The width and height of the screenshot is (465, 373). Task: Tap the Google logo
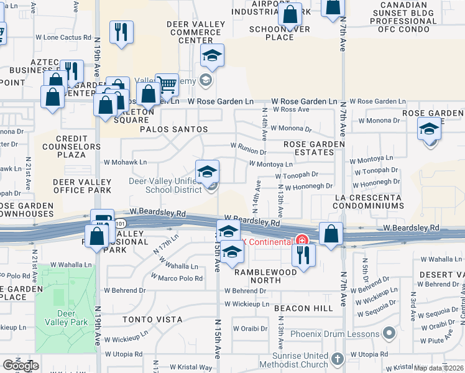click(21, 366)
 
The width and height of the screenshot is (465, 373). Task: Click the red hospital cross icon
click(302, 241)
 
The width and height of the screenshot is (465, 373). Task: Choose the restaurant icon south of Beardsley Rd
click(303, 255)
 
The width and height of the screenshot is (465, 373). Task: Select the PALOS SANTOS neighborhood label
click(173, 129)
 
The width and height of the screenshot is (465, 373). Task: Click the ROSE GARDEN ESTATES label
click(314, 148)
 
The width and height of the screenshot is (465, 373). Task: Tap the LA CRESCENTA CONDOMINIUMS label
click(369, 201)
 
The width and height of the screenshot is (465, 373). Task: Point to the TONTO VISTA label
click(152, 320)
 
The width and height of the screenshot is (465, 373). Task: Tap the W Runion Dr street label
click(248, 149)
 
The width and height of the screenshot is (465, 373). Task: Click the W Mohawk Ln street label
click(130, 162)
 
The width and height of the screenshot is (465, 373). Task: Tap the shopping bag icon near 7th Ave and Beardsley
click(332, 234)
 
